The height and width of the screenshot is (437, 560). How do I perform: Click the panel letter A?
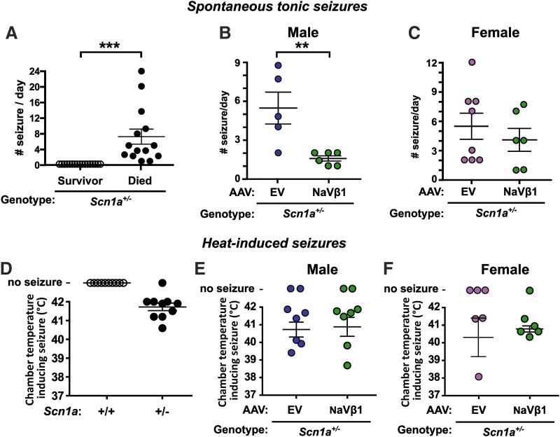pos(12,32)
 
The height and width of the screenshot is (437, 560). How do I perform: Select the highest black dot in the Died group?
pos(141,71)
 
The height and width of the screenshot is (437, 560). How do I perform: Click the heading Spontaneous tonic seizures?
pos(280,9)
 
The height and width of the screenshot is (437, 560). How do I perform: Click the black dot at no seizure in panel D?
pos(162,283)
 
